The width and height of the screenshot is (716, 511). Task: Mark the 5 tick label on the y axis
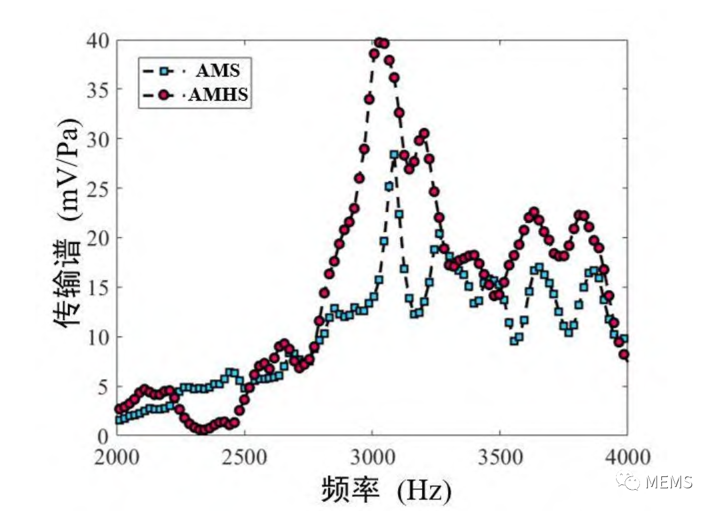coord(102,386)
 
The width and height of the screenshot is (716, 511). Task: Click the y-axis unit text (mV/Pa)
coord(69,171)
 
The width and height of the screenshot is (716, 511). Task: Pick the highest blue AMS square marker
coord(394,155)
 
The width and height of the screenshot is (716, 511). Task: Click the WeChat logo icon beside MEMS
coord(629,482)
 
